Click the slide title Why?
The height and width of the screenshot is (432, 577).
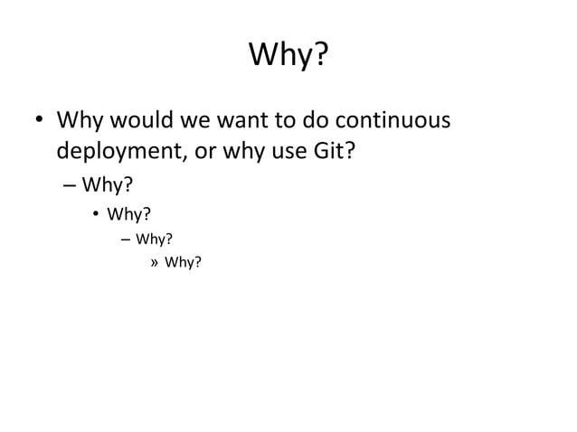(x=288, y=57)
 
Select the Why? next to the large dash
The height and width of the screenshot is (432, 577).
(x=108, y=186)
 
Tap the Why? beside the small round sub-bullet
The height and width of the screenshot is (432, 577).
(x=129, y=214)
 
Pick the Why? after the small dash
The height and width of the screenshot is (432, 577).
(x=154, y=239)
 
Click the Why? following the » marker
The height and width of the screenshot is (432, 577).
(x=182, y=263)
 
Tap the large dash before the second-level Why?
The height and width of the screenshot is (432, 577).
(x=70, y=186)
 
